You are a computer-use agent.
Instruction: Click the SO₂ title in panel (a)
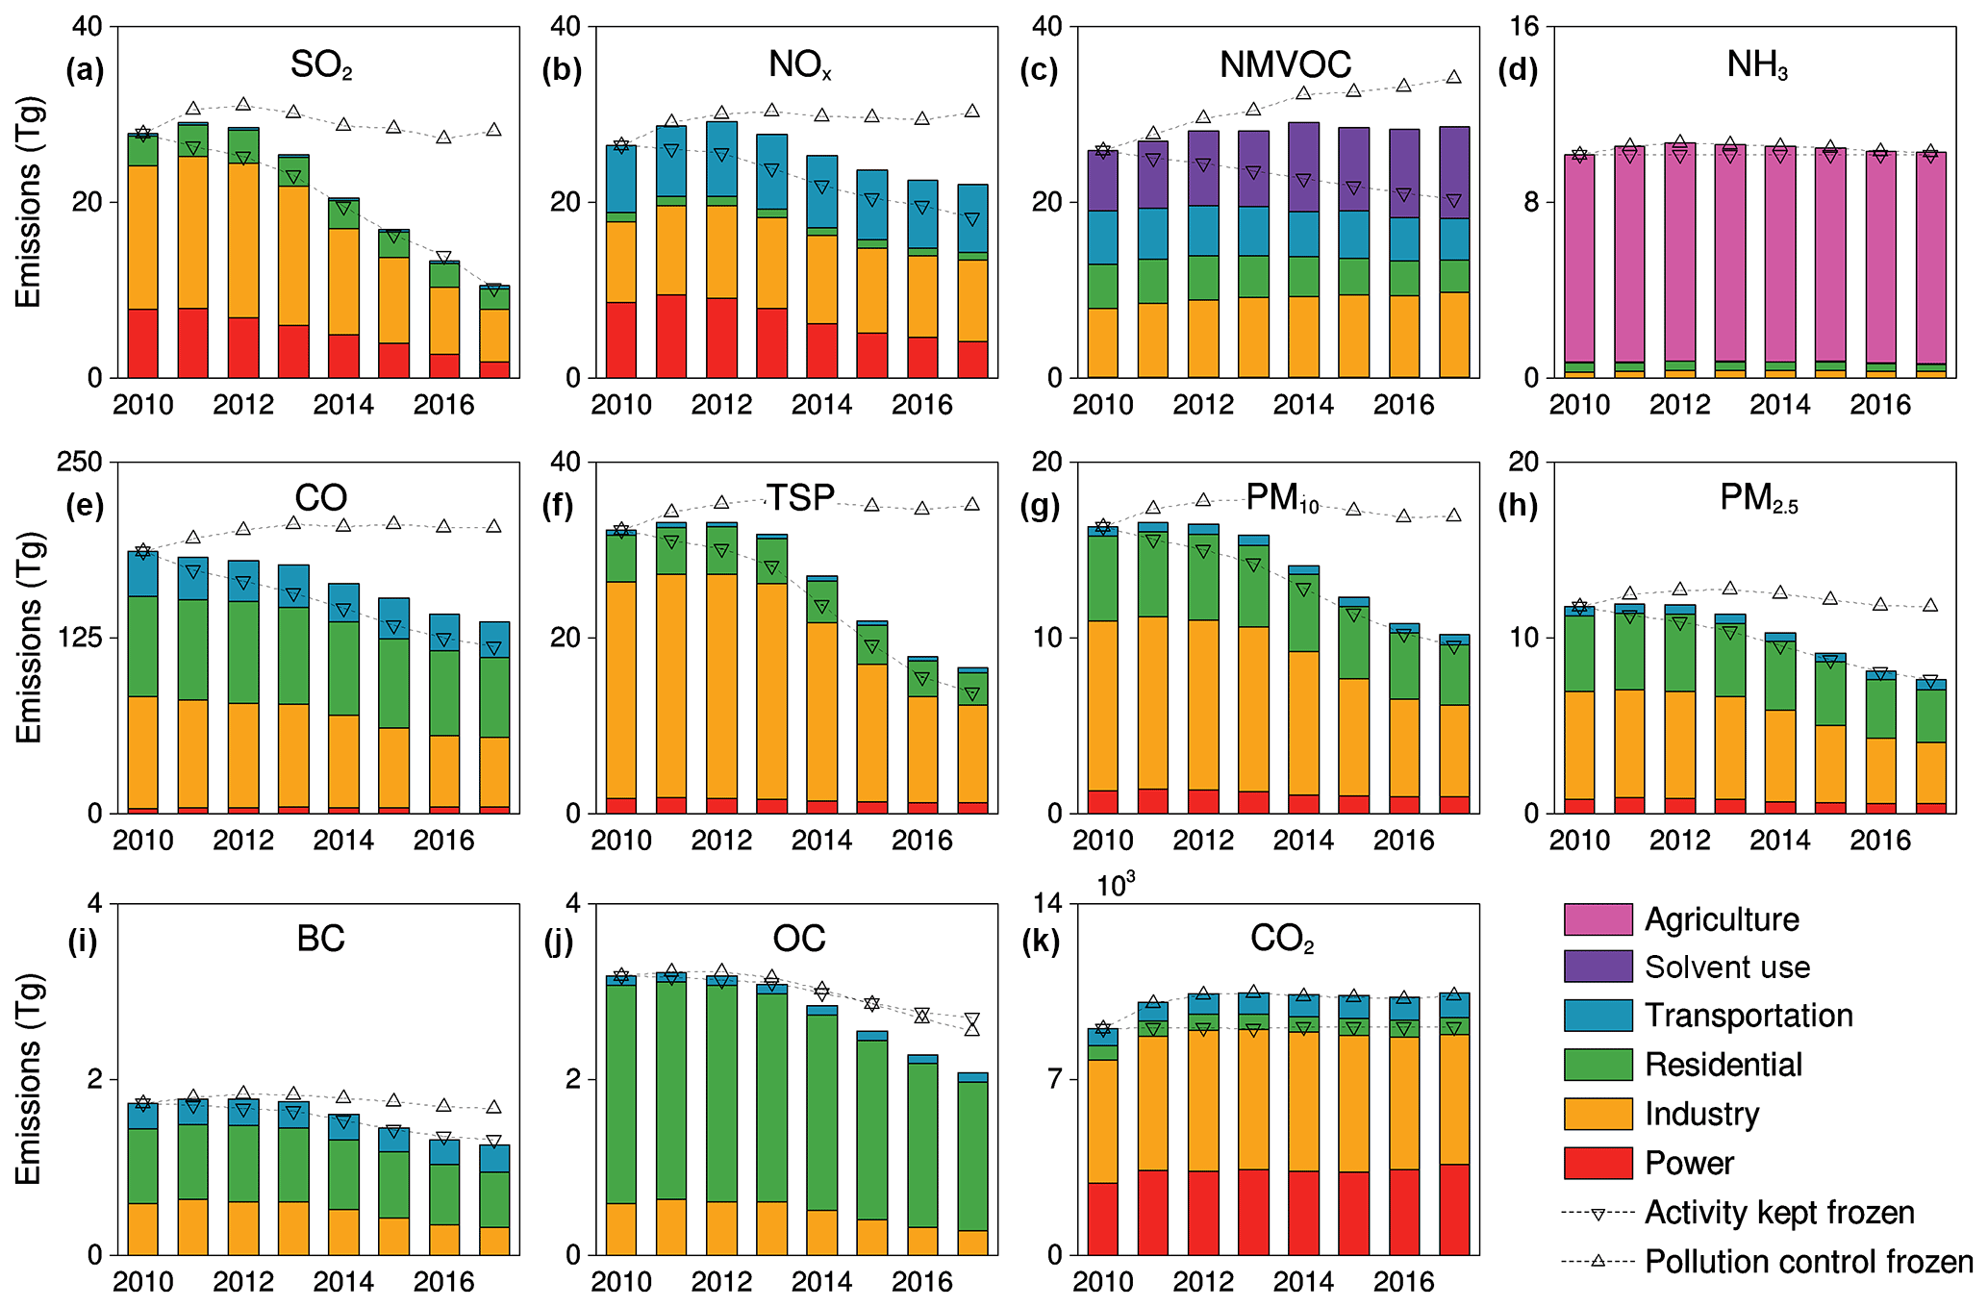tap(321, 65)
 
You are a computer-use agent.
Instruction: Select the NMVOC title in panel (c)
tap(1285, 65)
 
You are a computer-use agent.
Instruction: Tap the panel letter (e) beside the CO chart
tap(85, 505)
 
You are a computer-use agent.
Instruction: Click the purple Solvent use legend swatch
tap(1598, 967)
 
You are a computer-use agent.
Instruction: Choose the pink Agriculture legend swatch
tap(1598, 919)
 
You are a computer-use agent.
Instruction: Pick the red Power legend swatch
tap(1598, 1163)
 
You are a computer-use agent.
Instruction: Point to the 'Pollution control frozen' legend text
tap(1808, 1262)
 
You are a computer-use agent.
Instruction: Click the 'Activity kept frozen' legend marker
tap(1598, 1214)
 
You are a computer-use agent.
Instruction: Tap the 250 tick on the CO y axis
tap(80, 463)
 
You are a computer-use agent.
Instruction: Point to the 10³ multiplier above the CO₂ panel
tap(1116, 885)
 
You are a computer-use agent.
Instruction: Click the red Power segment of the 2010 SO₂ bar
tap(143, 343)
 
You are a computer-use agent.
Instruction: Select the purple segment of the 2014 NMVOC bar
tap(1303, 166)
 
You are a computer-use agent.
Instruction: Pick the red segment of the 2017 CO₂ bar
tap(1454, 1209)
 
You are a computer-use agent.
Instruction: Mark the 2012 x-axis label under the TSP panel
tap(721, 841)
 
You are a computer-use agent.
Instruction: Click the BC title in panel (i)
tap(320, 940)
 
